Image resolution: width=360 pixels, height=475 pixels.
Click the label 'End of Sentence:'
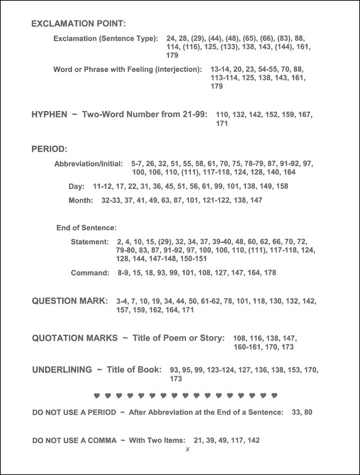(85, 228)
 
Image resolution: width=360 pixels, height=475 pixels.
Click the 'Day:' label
(76, 187)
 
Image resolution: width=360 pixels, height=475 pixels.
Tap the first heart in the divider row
(97, 396)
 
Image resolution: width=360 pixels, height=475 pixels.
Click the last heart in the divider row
(274, 396)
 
